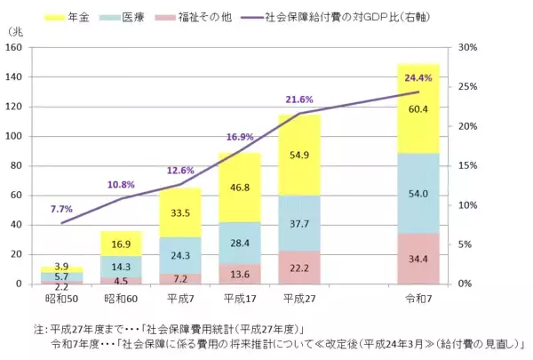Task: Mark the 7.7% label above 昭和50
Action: (62, 209)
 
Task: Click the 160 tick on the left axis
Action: (17, 49)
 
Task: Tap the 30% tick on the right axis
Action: (470, 49)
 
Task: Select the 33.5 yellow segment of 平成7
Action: (180, 213)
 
